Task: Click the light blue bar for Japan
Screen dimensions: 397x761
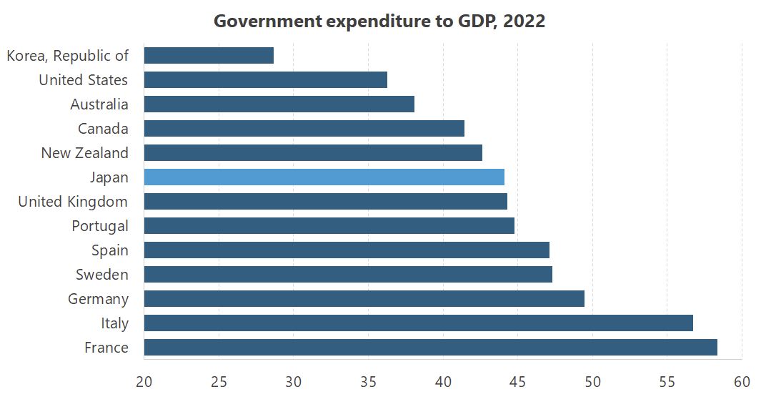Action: coord(324,177)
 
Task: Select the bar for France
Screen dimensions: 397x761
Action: coord(430,348)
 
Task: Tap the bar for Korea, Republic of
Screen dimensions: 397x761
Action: coord(209,56)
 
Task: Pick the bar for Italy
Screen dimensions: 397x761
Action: coord(418,323)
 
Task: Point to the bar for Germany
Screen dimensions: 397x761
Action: coord(364,299)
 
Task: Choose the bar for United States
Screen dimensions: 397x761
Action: coord(265,80)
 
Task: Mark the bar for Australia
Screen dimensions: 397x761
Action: coord(279,104)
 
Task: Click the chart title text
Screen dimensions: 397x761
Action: coord(379,21)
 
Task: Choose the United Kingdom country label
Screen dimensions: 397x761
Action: coord(73,202)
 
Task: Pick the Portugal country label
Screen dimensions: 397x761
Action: coord(100,226)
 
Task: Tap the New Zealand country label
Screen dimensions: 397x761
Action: coord(84,153)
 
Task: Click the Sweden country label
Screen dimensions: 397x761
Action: coord(102,275)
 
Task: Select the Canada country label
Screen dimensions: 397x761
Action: coord(103,129)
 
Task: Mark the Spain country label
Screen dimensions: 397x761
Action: coord(110,250)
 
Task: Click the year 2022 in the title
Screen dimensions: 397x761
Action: coord(524,21)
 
